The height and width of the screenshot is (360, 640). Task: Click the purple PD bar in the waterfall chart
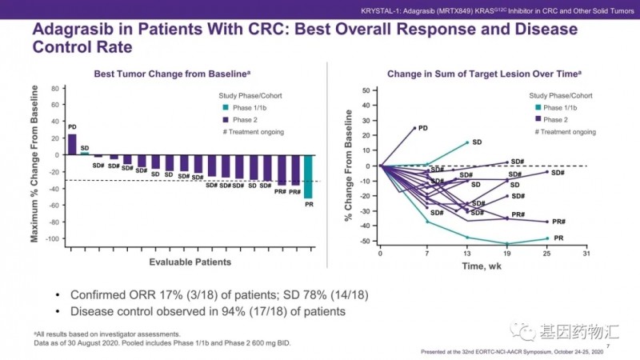pos(72,143)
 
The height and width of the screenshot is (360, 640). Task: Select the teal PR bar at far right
pos(308,175)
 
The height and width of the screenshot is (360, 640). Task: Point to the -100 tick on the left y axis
pos(54,239)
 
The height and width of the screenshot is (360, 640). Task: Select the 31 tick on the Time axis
pos(586,253)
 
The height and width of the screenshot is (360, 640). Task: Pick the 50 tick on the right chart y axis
pos(366,90)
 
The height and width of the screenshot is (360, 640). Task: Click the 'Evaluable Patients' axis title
pos(190,262)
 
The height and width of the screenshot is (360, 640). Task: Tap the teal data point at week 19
pos(506,244)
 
